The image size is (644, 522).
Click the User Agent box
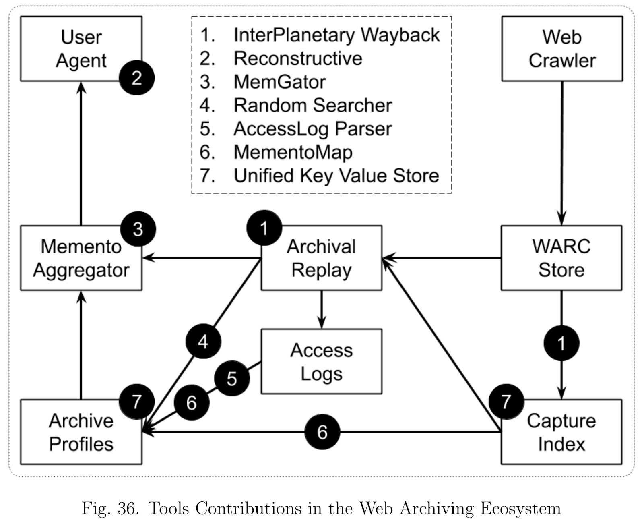[81, 49]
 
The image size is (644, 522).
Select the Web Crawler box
[562, 49]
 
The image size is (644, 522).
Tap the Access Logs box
[321, 361]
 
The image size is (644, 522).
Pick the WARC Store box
[561, 258]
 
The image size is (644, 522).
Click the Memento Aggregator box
[81, 258]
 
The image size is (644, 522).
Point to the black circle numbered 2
[137, 78]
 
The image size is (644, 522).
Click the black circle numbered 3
[138, 229]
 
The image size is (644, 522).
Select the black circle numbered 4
[203, 341]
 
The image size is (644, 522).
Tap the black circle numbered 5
[232, 378]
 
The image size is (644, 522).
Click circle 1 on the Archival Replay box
[264, 228]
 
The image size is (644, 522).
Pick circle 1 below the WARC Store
[561, 343]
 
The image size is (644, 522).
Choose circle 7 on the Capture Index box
[506, 402]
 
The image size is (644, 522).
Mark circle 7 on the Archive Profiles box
[137, 402]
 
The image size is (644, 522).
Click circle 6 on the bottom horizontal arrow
[322, 432]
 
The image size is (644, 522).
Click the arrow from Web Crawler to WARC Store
[562, 153]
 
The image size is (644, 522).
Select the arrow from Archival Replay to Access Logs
[321, 310]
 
